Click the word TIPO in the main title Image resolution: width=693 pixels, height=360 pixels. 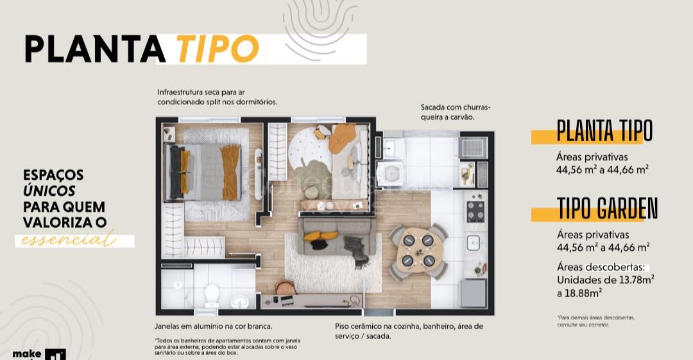click(216, 48)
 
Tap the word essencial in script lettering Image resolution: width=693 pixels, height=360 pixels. click(68, 241)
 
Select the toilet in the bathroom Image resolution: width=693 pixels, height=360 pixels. click(212, 296)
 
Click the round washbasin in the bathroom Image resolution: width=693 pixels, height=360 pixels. click(240, 301)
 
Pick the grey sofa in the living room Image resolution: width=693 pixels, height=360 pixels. click(331, 236)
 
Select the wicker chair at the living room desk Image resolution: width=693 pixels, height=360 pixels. click(283, 290)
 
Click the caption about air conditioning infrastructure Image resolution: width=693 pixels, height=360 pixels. click(217, 97)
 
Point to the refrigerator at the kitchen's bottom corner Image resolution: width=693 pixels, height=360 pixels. click(474, 293)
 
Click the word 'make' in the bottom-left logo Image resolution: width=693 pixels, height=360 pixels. click(26, 354)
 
